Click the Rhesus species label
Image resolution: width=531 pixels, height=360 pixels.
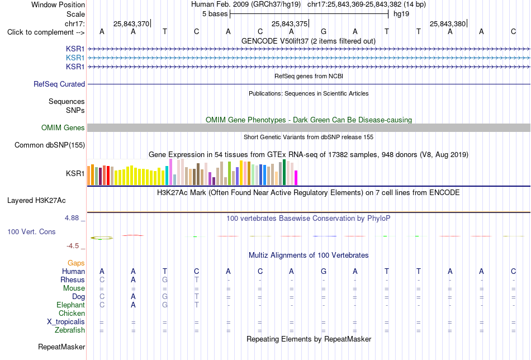click(x=73, y=280)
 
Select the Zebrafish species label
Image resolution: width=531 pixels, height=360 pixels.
click(x=70, y=330)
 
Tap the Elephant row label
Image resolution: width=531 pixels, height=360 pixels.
click(x=70, y=305)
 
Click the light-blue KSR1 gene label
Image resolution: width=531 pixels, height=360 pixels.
click(x=75, y=58)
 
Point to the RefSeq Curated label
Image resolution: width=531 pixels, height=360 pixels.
click(x=59, y=84)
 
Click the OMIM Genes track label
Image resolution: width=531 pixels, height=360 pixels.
click(x=63, y=127)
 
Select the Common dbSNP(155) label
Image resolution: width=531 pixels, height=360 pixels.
click(x=50, y=145)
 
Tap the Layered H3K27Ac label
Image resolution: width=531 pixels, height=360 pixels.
click(x=36, y=201)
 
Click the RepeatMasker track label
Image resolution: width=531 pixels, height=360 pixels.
click(x=61, y=347)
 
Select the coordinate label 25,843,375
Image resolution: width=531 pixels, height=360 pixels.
click(x=290, y=23)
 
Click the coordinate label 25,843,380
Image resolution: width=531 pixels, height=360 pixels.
click(x=448, y=23)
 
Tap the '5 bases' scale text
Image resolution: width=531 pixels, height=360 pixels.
click(x=215, y=14)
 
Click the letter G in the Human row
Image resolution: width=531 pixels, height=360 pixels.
click(x=324, y=271)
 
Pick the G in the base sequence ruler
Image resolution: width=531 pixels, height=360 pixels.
click(x=324, y=31)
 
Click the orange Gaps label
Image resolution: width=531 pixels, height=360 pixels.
click(x=76, y=263)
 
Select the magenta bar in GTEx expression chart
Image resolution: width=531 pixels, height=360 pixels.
click(x=296, y=178)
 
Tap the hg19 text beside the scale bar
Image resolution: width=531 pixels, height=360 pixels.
click(x=401, y=14)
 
